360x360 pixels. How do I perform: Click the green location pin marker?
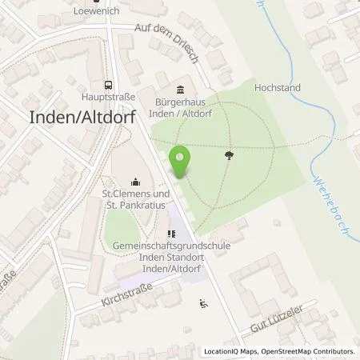click(x=180, y=162)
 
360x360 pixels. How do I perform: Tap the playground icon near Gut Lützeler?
click(x=202, y=302)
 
